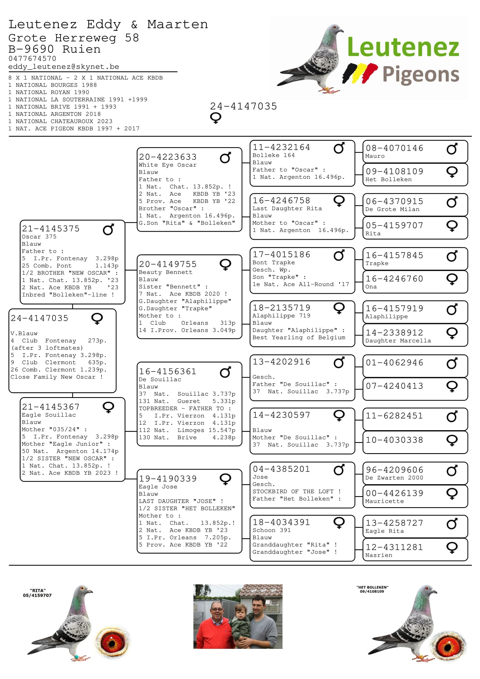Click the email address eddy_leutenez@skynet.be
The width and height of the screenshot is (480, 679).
(64, 67)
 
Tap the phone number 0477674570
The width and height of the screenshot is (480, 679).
(32, 59)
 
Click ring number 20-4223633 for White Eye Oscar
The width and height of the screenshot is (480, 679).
(168, 157)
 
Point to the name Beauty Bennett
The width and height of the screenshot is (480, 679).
(165, 272)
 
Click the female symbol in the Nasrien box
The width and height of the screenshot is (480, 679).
(452, 548)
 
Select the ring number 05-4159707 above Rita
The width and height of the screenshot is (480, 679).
(394, 226)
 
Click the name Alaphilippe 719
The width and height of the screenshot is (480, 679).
(281, 316)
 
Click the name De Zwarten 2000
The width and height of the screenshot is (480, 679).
(394, 478)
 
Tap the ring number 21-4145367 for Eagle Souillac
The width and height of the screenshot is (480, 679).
(51, 407)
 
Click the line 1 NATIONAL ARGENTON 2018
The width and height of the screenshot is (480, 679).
(54, 114)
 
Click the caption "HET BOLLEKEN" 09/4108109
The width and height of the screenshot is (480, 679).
(372, 589)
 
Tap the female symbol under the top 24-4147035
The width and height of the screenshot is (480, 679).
(215, 118)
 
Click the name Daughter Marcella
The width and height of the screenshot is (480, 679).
(398, 341)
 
